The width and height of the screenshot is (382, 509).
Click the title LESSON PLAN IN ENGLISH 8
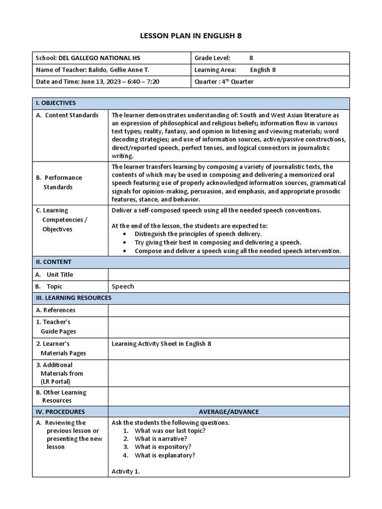coord(191,36)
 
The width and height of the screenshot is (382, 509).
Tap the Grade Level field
coord(224,58)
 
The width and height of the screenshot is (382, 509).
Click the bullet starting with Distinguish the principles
coord(198,234)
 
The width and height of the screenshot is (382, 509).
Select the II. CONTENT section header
coord(53,262)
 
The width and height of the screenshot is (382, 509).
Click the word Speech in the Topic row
coord(123,286)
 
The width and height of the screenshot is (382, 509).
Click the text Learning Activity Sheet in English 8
coord(161,343)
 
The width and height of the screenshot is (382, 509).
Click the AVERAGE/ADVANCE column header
coord(229,412)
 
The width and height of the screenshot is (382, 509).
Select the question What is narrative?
coord(161,439)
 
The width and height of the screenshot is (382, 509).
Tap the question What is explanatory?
coord(165,455)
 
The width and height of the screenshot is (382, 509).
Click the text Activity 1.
coord(125,471)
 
